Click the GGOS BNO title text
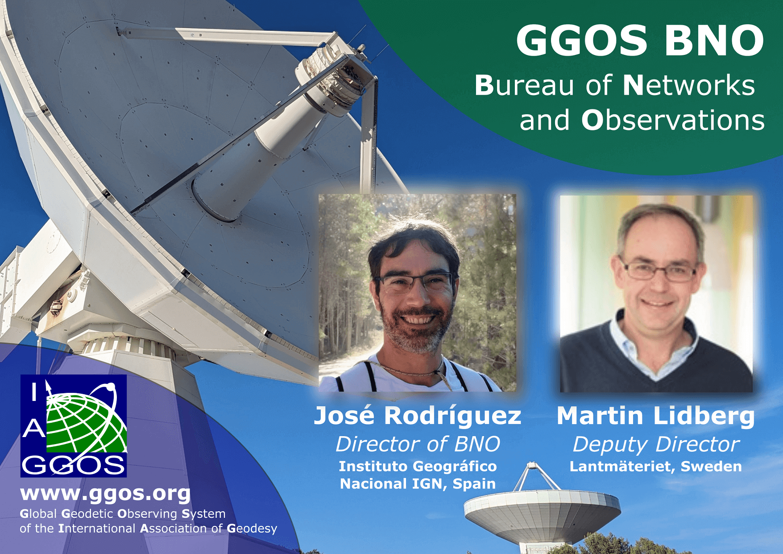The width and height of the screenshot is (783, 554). [x=640, y=41]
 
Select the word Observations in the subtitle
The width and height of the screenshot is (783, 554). [x=673, y=120]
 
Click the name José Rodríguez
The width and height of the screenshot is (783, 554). [x=418, y=416]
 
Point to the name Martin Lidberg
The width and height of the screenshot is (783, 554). [x=656, y=416]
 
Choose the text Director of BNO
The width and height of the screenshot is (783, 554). [x=418, y=444]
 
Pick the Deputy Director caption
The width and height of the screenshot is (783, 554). [x=656, y=445]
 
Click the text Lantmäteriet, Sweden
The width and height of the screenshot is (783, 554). [x=656, y=467]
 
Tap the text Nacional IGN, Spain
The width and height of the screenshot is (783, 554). [x=418, y=484]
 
